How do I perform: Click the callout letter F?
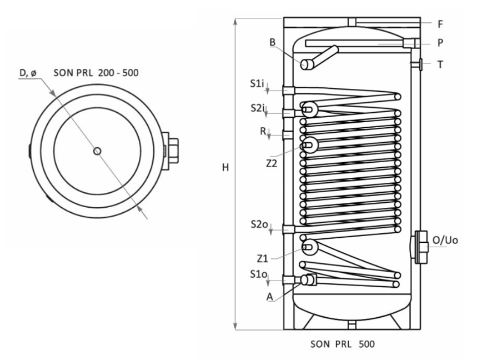pos(440,24)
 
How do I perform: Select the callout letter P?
pos(440,43)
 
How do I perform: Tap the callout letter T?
pos(440,64)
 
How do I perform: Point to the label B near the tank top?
pos(273,42)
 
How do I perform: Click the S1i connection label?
pos(257,83)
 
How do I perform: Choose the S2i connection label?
pos(258,108)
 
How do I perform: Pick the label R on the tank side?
pos(263,132)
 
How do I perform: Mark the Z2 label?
pos(272,163)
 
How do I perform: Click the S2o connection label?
pos(259,224)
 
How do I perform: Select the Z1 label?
pos(263,258)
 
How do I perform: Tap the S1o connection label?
pos(258,274)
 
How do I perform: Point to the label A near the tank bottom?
pos(269,297)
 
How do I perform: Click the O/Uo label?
pos(445,240)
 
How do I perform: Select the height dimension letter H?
pos(225,168)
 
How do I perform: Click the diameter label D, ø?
pos(28,73)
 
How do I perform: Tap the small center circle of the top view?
pos(97,151)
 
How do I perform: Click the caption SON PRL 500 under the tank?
pos(342,344)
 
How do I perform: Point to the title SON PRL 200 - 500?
pos(96,73)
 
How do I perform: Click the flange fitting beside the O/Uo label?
pos(420,247)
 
